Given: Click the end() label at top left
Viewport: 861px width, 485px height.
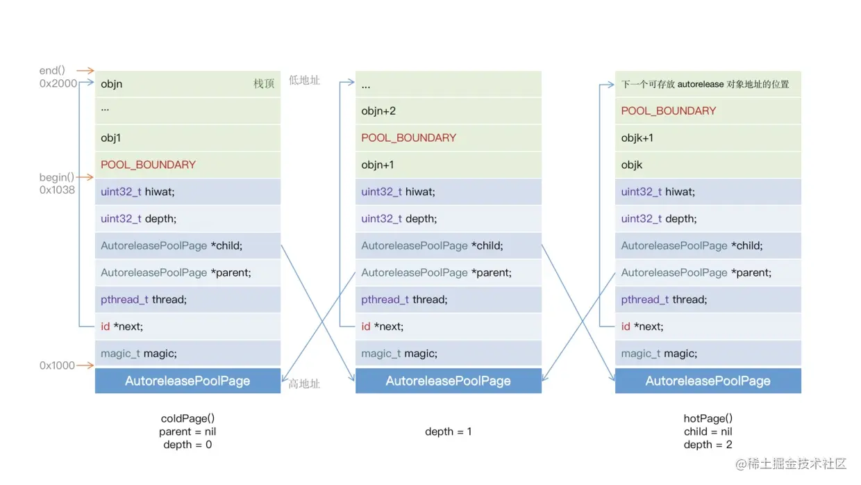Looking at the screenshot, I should pyautogui.click(x=52, y=70).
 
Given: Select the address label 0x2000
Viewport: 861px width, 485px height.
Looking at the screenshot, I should pyautogui.click(x=58, y=83).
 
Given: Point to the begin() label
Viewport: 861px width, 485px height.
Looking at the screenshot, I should pyautogui.click(x=56, y=177).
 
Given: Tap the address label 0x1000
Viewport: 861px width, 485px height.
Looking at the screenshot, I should pyautogui.click(x=57, y=365).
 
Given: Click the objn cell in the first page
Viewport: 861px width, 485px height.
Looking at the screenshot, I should pyautogui.click(x=187, y=84).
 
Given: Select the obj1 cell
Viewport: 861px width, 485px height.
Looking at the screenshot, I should pyautogui.click(x=187, y=138).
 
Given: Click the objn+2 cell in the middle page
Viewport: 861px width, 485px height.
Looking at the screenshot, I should pyautogui.click(x=448, y=110).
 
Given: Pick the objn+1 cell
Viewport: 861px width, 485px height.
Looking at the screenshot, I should pyautogui.click(x=448, y=165).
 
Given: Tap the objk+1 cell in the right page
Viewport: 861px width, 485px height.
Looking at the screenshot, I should pyautogui.click(x=708, y=138).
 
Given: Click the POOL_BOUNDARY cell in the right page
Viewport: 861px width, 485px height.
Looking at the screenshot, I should pyautogui.click(x=708, y=110).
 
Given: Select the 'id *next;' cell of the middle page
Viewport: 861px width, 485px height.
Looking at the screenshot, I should pyautogui.click(x=448, y=327).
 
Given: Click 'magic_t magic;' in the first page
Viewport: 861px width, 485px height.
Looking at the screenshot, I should pyautogui.click(x=187, y=354).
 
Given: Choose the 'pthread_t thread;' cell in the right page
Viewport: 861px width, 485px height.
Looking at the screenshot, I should pyautogui.click(x=708, y=299).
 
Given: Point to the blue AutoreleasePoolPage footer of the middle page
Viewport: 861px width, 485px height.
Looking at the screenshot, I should pyautogui.click(x=448, y=381).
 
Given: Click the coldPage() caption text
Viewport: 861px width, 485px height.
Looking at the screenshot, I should pyautogui.click(x=187, y=418).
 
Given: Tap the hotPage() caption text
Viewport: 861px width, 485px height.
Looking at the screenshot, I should pyautogui.click(x=708, y=418).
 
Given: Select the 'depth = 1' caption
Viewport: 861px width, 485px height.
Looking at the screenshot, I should pyautogui.click(x=448, y=431).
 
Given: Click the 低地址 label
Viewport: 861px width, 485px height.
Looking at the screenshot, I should pyautogui.click(x=304, y=80).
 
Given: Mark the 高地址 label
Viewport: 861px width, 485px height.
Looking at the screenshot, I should pyautogui.click(x=303, y=384).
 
